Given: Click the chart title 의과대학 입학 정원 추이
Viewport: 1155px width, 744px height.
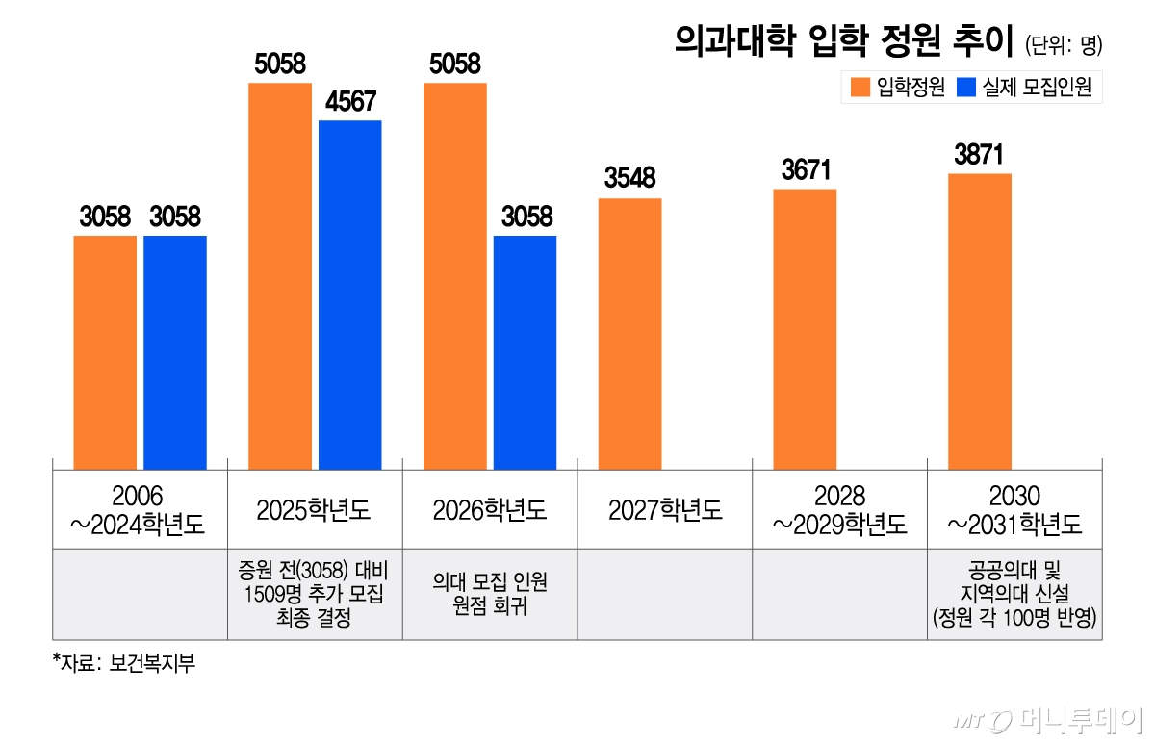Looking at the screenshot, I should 836,41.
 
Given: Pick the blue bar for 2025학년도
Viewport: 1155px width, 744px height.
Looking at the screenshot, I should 350,295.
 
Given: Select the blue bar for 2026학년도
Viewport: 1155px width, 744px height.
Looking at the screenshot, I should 525,352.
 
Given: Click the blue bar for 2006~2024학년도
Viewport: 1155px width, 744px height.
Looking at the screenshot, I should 175,352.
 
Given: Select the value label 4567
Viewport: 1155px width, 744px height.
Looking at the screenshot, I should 350,102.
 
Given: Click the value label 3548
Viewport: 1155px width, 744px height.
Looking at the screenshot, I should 629,179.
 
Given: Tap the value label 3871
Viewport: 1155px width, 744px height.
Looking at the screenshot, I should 979,155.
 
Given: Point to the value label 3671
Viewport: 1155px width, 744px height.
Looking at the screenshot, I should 805,170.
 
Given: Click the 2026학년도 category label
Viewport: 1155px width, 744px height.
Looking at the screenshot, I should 489,510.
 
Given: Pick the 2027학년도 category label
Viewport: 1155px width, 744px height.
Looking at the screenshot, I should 664,510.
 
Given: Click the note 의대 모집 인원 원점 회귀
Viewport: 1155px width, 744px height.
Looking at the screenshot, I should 489,594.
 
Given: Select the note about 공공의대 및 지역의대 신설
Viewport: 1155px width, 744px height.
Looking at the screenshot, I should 1014,594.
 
